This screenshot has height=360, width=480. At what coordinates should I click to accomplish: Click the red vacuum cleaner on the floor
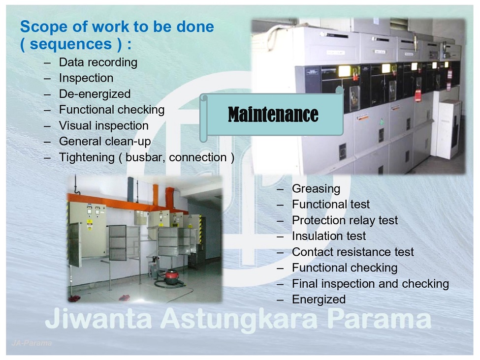coord(172,276)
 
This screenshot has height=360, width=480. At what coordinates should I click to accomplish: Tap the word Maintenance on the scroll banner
coord(273,115)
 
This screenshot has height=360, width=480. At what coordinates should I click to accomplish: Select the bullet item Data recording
coord(98,62)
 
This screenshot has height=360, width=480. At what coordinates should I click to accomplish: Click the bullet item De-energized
coord(95,94)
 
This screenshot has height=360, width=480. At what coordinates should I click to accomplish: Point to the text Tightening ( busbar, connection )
coord(147,157)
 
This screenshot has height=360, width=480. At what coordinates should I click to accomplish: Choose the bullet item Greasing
coord(316,189)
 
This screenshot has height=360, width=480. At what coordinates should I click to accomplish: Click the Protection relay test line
coord(345,220)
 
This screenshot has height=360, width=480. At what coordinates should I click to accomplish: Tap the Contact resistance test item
coord(352,252)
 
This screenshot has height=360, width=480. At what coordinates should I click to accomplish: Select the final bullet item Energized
coord(319,300)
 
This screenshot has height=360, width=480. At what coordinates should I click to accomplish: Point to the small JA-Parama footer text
coord(32,343)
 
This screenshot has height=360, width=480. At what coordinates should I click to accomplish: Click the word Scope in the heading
coord(44,27)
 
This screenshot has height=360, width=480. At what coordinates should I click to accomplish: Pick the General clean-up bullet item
coord(105,142)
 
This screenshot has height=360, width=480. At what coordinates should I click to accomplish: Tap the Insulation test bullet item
coord(329,236)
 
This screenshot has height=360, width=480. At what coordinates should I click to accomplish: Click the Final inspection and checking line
coord(370,284)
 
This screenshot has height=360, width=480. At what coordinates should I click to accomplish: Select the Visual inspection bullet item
coord(104,126)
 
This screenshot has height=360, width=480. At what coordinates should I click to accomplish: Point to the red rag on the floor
coord(124,298)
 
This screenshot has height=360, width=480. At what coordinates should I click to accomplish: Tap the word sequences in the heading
coord(71,44)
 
